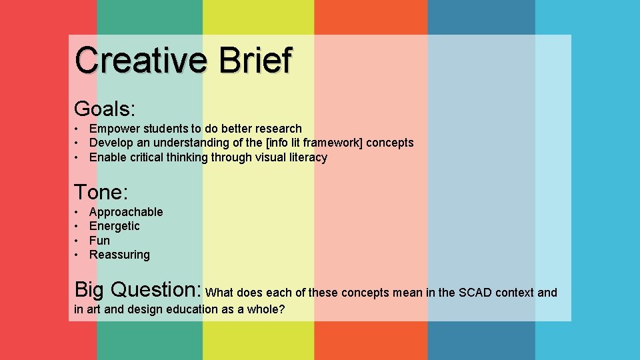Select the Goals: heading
(105, 109)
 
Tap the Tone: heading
(101, 193)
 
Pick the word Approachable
(126, 212)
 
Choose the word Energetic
(115, 226)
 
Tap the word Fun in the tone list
(99, 241)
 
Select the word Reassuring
(119, 255)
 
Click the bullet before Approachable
(77, 212)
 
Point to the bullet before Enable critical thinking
(77, 157)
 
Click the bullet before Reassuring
(77, 255)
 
